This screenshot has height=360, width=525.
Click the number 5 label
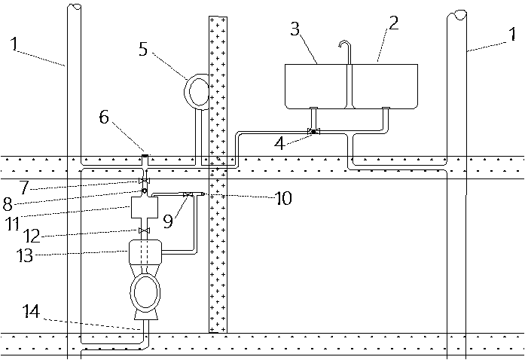[143, 50]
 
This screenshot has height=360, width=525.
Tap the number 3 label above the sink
[296, 30]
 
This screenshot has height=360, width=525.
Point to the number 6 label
[103, 117]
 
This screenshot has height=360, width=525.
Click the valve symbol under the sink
[313, 133]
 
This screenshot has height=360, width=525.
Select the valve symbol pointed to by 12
[143, 230]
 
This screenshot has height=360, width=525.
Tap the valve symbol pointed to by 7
[143, 182]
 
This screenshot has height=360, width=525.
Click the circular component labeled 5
[200, 90]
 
